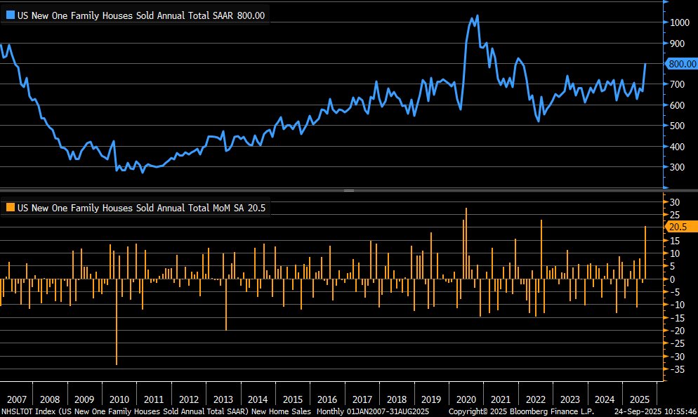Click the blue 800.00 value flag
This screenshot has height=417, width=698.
(680, 64)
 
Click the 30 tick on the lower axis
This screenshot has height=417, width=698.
(674, 202)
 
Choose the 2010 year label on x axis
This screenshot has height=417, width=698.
(119, 397)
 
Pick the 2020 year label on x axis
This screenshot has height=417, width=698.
(466, 397)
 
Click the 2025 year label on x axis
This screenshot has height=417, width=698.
(640, 397)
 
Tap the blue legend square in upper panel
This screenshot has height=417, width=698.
(10, 15)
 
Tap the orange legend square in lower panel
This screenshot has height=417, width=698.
(10, 208)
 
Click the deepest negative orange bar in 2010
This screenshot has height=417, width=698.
(116, 330)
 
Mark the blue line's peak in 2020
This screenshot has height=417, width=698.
(477, 16)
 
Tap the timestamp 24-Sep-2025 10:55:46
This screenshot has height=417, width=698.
(654, 411)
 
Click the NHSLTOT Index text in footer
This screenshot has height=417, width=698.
(26, 411)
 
